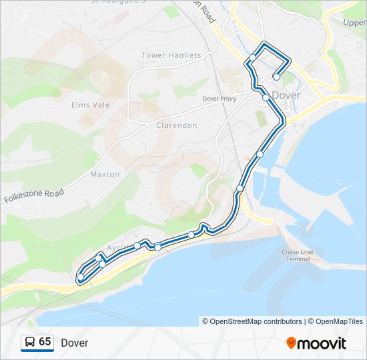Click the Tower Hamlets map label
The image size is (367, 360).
coord(171,55)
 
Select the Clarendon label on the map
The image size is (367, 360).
coord(176,125)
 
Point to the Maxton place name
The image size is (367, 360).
coord(105,174)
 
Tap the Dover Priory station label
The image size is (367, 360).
coord(220,99)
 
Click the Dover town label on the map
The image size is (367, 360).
coord(286,95)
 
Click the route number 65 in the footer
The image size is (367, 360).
coord(45,342)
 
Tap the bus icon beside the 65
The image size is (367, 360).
coord(30,343)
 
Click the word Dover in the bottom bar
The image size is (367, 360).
coord(74,343)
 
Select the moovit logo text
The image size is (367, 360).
coord(322,343)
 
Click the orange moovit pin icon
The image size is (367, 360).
coord(292,343)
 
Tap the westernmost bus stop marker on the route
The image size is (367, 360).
coord(81,277)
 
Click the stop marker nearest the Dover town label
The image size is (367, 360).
coord(266,97)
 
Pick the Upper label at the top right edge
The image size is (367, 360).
coord(354,23)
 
